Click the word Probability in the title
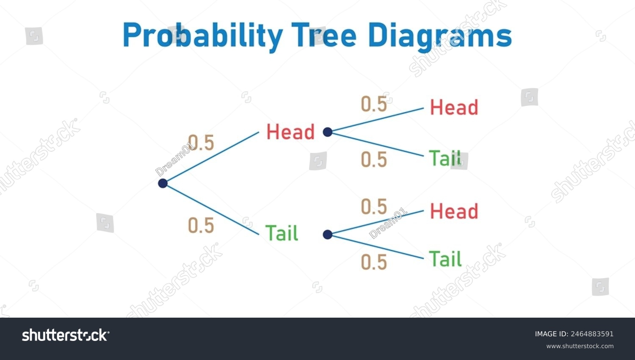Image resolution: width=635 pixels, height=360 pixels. tap(203, 36)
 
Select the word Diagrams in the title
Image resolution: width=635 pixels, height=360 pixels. tap(440, 37)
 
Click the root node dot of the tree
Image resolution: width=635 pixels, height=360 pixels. tap(163, 183)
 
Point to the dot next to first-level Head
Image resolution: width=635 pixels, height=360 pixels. tap(327, 132)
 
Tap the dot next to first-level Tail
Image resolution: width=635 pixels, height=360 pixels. tap(327, 234)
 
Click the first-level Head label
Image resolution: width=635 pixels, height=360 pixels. tap(290, 132)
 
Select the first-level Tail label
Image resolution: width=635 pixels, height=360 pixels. tap(282, 233)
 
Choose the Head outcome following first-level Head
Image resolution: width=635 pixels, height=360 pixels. tap(454, 107)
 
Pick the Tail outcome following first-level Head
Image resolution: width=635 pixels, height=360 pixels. tap(445, 158)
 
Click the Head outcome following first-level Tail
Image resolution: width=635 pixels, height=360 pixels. tap(454, 211)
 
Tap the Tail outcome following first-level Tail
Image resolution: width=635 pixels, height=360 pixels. tap(445, 259)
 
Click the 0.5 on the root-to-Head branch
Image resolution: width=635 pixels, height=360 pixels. tap(201, 142)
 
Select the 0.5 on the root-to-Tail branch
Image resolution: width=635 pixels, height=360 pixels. tap(201, 226)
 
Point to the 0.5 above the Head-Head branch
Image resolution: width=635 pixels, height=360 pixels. tap(374, 104)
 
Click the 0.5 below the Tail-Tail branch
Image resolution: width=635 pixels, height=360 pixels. tap(374, 262)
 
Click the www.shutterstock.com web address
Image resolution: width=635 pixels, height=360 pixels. tap(580, 346)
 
